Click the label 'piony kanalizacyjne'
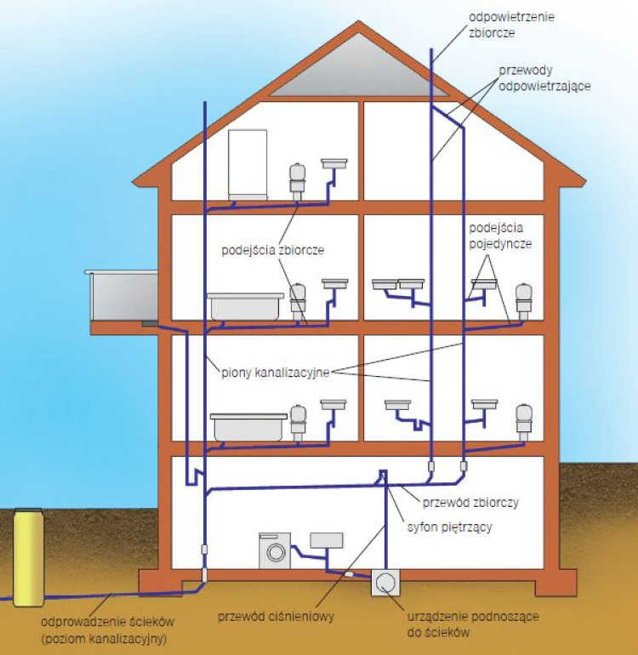click(x=276, y=371)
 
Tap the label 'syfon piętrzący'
click(x=450, y=527)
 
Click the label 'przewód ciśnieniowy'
click(x=276, y=617)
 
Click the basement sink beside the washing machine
click(x=327, y=540)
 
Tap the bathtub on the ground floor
click(x=250, y=425)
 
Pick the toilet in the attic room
click(x=297, y=176)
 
